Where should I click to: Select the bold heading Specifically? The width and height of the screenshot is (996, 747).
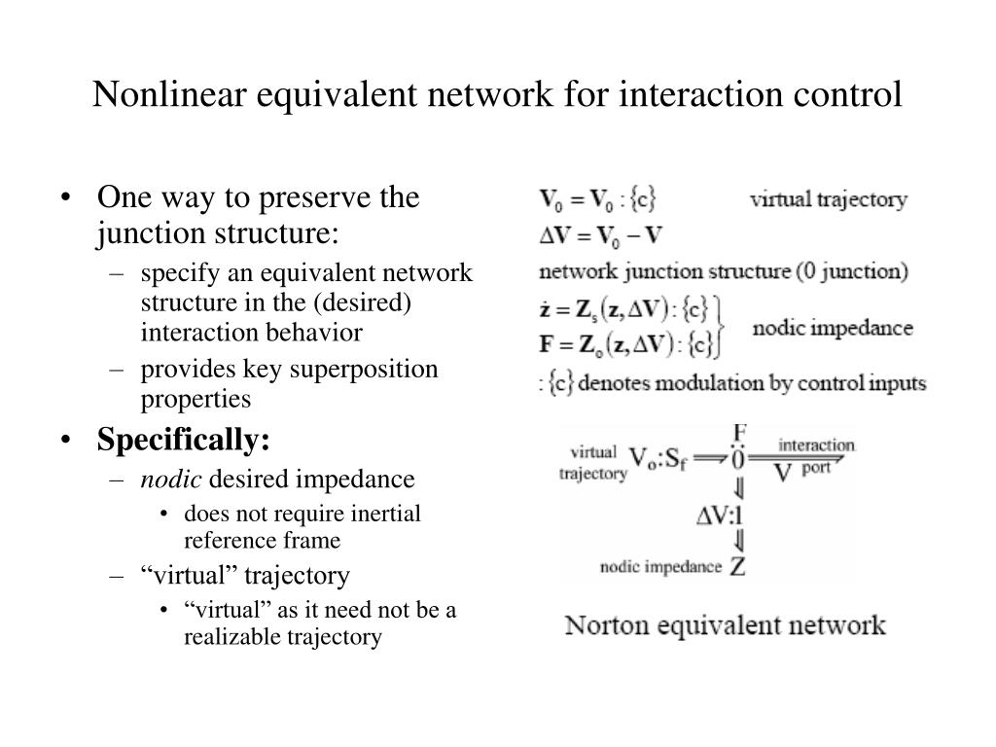tap(183, 441)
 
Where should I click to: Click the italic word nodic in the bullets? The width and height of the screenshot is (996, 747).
tap(172, 479)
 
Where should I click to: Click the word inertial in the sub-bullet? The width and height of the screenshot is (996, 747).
tap(386, 514)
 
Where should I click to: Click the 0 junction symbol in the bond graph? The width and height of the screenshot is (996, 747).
tap(738, 458)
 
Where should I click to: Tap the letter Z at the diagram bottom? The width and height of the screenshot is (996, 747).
tap(738, 566)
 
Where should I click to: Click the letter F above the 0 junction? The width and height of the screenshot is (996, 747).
tap(739, 431)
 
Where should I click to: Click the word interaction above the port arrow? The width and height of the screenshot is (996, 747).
tap(817, 445)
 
